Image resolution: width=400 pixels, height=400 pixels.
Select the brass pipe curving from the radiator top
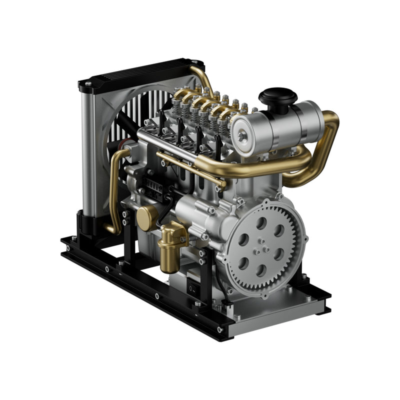point(204,77)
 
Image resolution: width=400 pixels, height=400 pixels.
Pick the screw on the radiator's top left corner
point(88,84)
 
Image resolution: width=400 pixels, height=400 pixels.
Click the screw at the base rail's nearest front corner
point(219,329)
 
